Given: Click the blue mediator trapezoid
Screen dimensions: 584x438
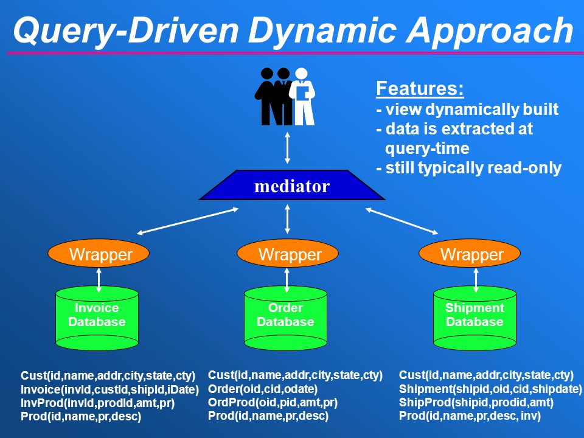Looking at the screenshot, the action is [x=292, y=185].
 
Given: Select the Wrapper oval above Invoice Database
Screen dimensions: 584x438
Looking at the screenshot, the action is [x=99, y=253].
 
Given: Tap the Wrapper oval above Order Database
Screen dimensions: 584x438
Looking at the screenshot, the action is [x=288, y=253].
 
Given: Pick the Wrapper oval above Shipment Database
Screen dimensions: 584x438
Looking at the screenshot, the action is [x=470, y=253].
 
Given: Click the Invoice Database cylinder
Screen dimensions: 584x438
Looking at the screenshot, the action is [x=97, y=318].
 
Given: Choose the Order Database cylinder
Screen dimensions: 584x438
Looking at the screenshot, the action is [x=286, y=318].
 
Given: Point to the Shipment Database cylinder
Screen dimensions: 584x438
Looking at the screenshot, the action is [x=475, y=318].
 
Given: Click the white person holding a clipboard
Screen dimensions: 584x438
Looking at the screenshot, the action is [x=302, y=96].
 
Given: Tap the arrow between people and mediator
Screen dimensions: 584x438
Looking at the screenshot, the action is [x=287, y=148].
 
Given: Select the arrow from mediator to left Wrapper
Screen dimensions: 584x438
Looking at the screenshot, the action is [x=188, y=221].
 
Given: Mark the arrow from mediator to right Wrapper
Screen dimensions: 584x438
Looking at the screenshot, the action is [x=402, y=221].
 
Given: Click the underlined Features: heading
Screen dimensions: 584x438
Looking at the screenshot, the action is [x=420, y=89].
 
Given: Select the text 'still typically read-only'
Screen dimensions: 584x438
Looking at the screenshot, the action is [x=473, y=168].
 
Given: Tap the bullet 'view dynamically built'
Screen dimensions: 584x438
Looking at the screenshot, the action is [x=471, y=109].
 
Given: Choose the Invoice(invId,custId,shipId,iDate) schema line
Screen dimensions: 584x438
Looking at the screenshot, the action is [x=109, y=389].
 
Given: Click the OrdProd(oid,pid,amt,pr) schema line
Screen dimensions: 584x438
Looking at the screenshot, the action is [x=273, y=403].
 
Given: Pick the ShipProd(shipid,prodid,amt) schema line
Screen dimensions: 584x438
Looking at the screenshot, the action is [x=476, y=403].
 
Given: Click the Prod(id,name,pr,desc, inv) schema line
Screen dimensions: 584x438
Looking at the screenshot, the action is [x=470, y=416].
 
